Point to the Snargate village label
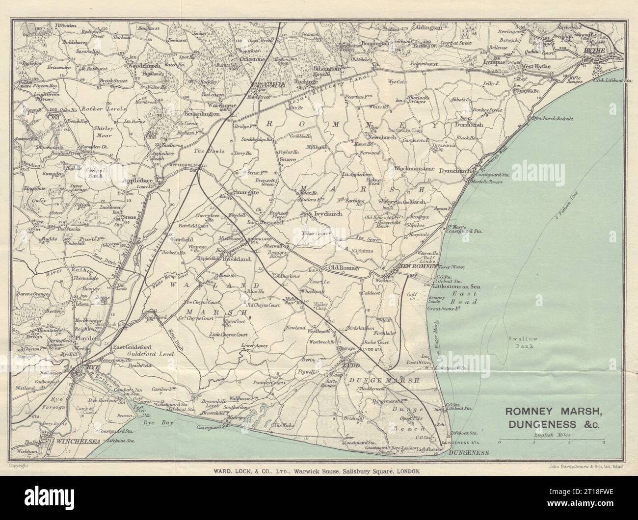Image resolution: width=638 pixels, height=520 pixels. tap(246, 192)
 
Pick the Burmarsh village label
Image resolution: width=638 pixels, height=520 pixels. tap(469, 125)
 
